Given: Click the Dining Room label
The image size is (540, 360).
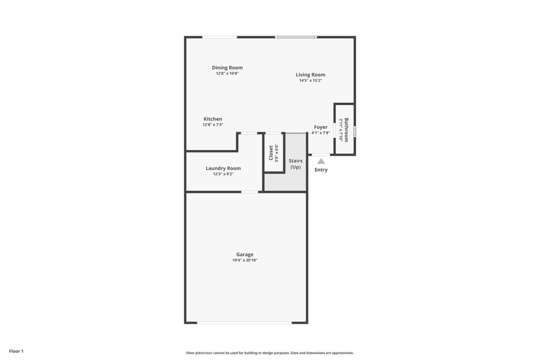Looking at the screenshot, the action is coord(227,68).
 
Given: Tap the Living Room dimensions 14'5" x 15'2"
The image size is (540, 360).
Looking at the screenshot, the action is coord(310,81).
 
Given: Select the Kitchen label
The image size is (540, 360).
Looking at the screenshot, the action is coord(213,119).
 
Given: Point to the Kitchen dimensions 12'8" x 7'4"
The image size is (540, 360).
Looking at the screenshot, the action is coord(213,125).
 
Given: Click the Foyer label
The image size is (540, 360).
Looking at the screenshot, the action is coord(321,128).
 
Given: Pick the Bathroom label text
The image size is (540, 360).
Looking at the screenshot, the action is coord(346,130).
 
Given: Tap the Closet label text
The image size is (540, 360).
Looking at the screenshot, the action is coord(271,153).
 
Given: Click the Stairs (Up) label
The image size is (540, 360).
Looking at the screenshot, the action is coord(295,164).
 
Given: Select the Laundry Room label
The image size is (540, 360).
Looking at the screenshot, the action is coord(223,168).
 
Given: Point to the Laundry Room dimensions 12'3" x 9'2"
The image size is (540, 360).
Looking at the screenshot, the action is coord(223,174).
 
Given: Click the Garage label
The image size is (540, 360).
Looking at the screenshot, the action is coord(245,255).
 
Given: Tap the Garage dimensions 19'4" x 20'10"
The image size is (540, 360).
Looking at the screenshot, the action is coord(245,260).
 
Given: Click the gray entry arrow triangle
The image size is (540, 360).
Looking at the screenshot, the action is coord(321,161).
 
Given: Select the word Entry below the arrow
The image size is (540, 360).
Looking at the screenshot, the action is coord(321,170).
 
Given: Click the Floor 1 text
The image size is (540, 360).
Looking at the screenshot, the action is coord(16,352).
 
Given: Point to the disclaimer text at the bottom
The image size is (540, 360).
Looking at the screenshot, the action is coord(270,353).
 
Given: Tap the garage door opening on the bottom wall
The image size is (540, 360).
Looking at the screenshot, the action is coord(245,323).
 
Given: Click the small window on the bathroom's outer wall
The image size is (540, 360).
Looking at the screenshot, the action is coord(355,131).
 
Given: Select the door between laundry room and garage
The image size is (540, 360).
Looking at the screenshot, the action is coord(249,192).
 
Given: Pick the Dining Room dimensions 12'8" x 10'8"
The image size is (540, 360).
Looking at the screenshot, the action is coord(227,74).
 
